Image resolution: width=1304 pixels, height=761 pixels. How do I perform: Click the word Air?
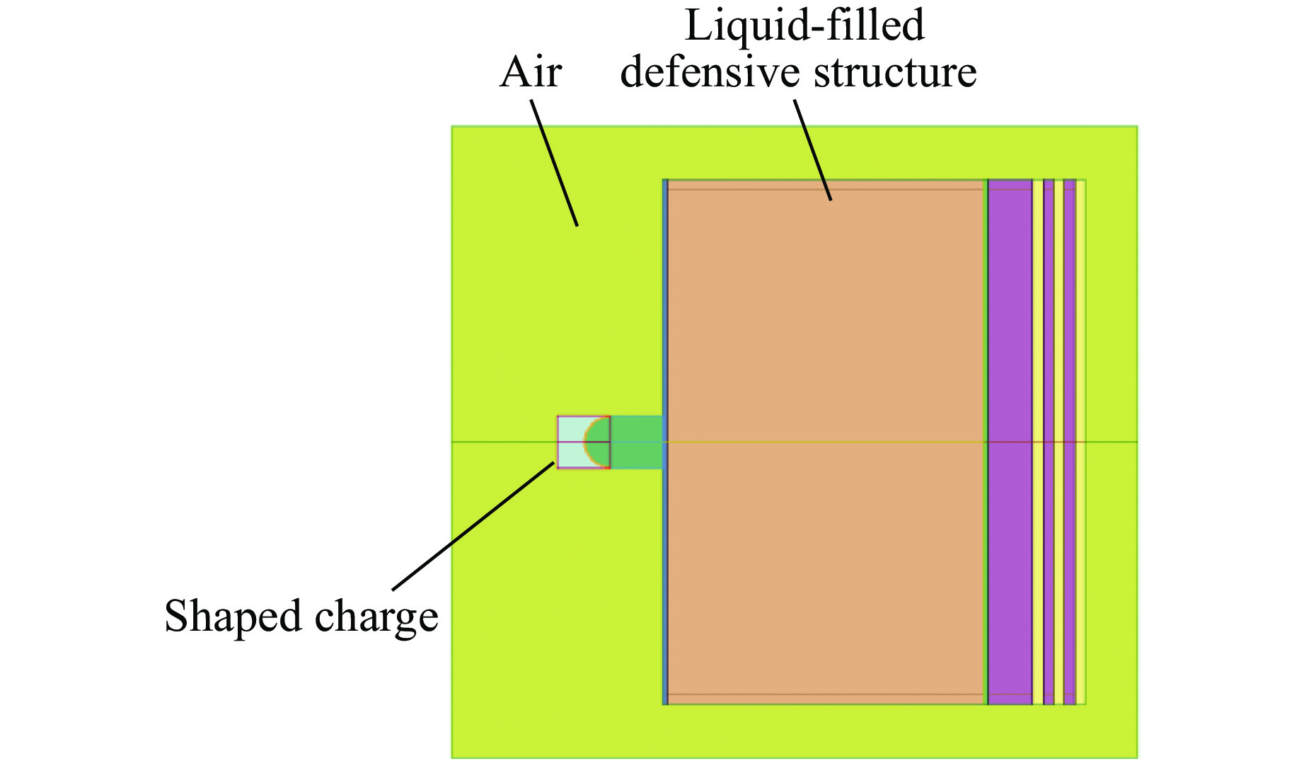pos(530,73)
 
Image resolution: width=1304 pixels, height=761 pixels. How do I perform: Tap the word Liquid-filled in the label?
pos(804,25)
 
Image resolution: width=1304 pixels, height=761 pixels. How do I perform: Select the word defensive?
pos(710,73)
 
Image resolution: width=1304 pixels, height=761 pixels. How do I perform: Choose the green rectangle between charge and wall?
pos(636,442)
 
